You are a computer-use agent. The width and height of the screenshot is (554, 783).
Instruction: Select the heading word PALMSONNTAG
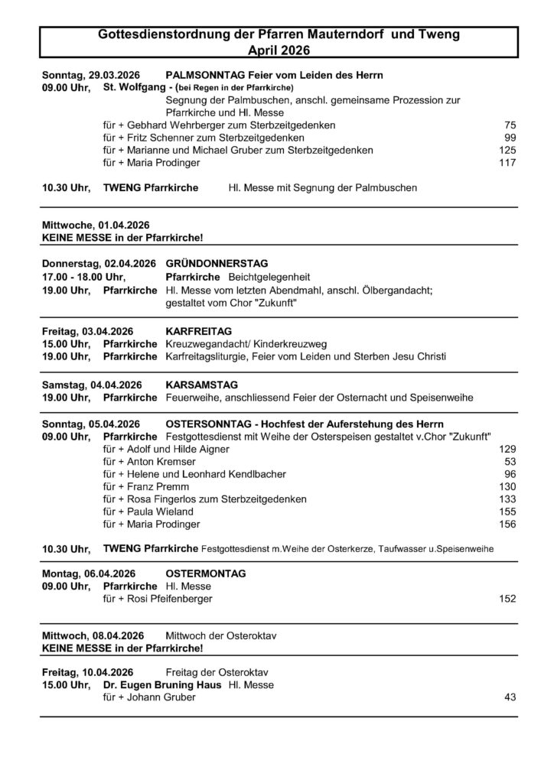pos(201,76)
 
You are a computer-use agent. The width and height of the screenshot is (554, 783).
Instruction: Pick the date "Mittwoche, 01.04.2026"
pos(96,225)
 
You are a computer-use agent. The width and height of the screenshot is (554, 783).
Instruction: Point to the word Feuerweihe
pos(191,398)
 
